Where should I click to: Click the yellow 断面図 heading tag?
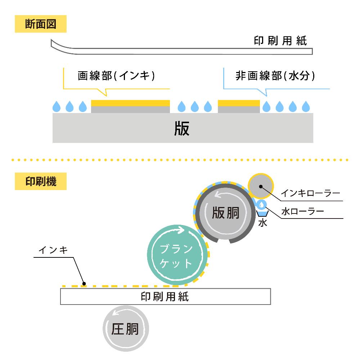pyautogui.click(x=41, y=24)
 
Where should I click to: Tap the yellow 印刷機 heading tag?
pyautogui.click(x=41, y=182)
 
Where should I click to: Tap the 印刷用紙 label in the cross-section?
pyautogui.click(x=280, y=41)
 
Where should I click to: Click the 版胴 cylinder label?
pyautogui.click(x=225, y=213)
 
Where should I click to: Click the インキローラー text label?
pyautogui.click(x=310, y=193)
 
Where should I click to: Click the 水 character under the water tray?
pyautogui.click(x=262, y=223)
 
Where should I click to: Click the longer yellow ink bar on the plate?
pyautogui.click(x=130, y=103)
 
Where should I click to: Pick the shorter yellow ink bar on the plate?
pyautogui.click(x=239, y=103)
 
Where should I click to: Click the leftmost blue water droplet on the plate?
pyautogui.click(x=57, y=106)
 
